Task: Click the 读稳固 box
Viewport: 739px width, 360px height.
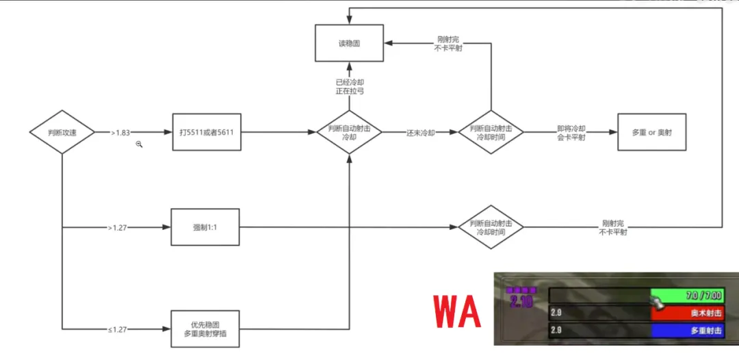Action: (348, 42)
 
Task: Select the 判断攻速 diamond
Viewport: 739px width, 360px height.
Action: (62, 132)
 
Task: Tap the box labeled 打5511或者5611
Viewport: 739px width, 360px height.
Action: (206, 132)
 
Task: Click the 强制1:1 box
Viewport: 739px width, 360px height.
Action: (205, 227)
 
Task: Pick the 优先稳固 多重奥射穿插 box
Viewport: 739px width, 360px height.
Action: (205, 329)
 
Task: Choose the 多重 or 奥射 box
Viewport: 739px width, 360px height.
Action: (651, 132)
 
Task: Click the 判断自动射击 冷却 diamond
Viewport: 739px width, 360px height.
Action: (349, 132)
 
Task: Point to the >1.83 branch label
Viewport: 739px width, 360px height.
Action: (120, 133)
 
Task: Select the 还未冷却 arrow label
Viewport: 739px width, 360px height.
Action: (421, 132)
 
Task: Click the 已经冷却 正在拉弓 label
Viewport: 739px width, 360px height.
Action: (348, 86)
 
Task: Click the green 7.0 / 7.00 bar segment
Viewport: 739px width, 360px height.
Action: (687, 296)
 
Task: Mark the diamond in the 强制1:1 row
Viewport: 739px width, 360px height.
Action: (491, 227)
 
